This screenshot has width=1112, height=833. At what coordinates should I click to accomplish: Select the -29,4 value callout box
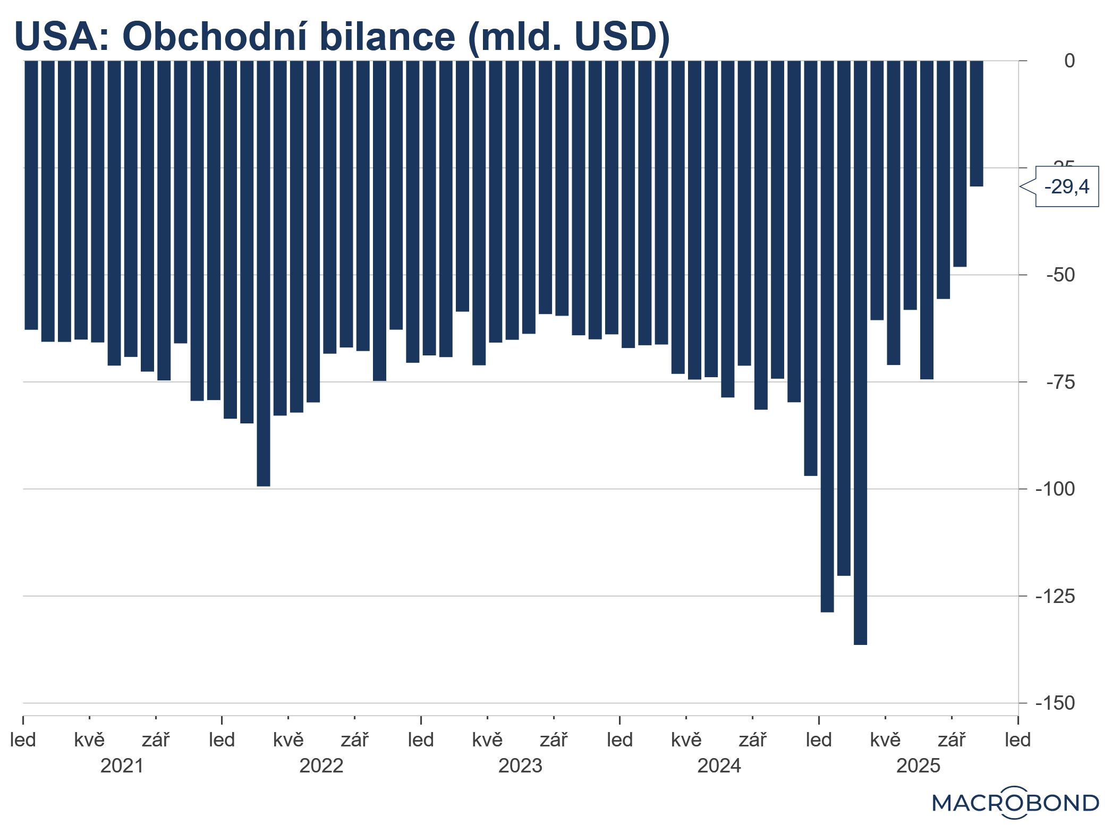tap(1066, 186)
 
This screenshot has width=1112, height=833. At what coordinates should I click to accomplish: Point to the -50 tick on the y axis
tap(1060, 275)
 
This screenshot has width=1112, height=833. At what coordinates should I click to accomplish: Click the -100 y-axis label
tap(1055, 489)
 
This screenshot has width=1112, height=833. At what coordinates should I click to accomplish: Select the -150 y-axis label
tap(1055, 703)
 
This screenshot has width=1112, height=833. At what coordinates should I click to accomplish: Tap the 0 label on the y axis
tap(1069, 61)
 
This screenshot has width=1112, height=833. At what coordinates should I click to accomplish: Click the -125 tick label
tap(1055, 596)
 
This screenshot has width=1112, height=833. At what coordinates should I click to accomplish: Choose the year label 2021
tap(122, 766)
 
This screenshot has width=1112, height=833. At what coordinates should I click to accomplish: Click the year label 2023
tap(520, 766)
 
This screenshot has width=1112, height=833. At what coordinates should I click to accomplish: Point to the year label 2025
tap(918, 766)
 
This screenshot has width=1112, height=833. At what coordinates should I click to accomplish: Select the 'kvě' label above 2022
tap(288, 739)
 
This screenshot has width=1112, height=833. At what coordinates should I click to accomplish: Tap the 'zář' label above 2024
tap(752, 739)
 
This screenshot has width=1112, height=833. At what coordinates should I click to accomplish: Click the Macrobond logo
tap(1015, 803)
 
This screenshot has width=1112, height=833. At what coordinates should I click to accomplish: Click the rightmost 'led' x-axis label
tap(1017, 739)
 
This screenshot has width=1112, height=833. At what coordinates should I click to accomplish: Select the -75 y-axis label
tap(1060, 382)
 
